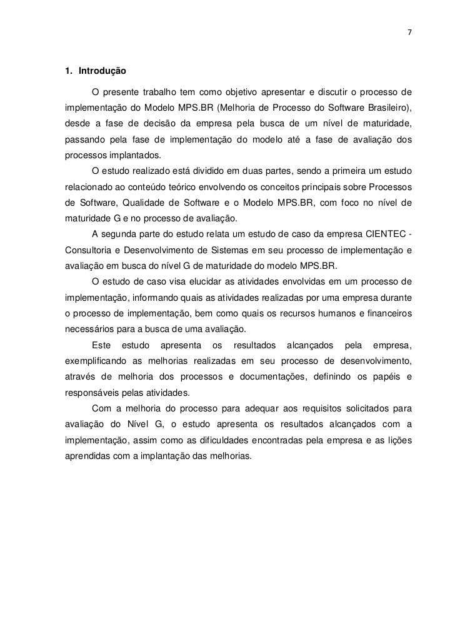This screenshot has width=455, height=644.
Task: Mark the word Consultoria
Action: tap(89, 251)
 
